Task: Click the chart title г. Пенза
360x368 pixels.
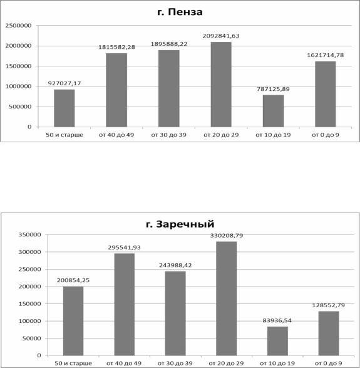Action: pos(180,12)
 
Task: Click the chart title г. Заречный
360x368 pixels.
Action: pos(180,224)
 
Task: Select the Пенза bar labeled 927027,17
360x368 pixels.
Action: pos(64,108)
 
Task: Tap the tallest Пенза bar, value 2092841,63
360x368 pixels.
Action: pos(221,85)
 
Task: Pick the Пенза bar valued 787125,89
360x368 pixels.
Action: pos(273,111)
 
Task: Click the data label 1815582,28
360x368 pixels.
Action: pos(116,47)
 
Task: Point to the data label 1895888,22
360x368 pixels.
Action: pos(169,44)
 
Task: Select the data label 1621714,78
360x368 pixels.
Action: pos(326,55)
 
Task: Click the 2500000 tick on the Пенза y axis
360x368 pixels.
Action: pos(18,26)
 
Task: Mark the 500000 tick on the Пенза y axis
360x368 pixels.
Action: pos(20,107)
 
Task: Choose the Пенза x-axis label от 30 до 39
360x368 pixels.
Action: pos(169,135)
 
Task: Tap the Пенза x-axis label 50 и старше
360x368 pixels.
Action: pos(64,135)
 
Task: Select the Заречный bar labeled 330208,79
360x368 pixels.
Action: pos(227,298)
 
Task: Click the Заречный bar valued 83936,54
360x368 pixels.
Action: pos(277,341)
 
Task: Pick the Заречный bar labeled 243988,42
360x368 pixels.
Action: pos(175,313)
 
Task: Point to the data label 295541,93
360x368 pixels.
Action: pos(124,248)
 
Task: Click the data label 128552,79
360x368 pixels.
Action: pos(328,305)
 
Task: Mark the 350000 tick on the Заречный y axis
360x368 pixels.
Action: pos(30,234)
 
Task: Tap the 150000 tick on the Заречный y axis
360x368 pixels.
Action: pos(30,303)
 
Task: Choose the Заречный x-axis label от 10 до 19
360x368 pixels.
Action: pos(277,364)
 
